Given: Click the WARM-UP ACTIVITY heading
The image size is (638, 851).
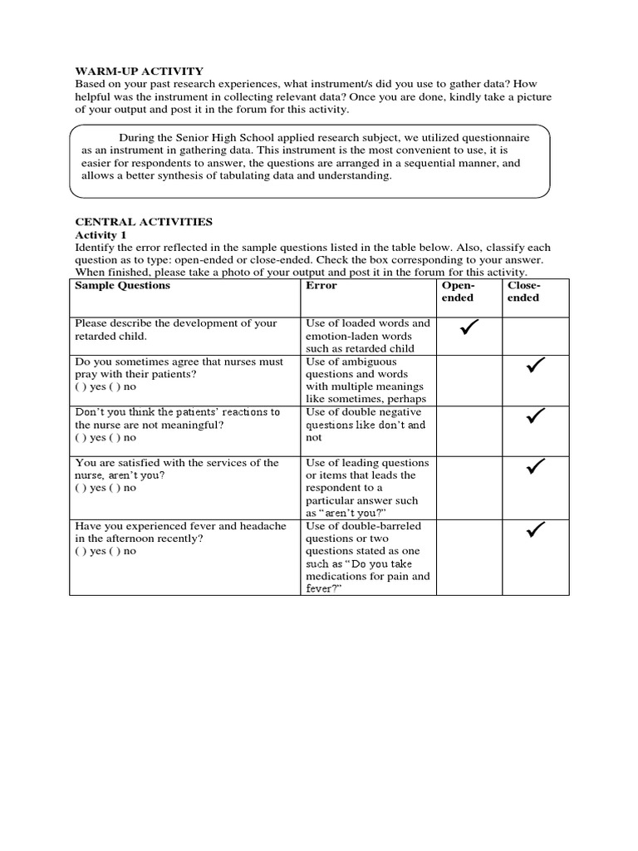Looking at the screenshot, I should [x=139, y=71].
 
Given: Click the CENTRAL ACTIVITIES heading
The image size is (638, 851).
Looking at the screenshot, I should [x=144, y=222].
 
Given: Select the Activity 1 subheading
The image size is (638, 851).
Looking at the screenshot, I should [x=101, y=235].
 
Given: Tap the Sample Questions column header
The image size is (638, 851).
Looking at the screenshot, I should [x=122, y=285].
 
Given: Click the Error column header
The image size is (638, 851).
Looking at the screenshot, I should [x=321, y=285].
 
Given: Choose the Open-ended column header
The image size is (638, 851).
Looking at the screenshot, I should [x=458, y=291].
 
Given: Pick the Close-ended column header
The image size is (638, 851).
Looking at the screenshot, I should [x=523, y=291].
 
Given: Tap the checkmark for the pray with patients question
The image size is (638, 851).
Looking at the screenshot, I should [x=535, y=366].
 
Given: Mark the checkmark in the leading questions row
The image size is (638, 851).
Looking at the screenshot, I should [x=535, y=467].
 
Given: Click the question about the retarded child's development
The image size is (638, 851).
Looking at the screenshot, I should [x=175, y=329].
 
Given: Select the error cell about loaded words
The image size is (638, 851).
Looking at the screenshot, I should [x=368, y=336].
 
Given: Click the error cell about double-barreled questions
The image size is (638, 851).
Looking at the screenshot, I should [x=368, y=557].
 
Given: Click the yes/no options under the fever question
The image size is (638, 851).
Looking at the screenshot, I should [x=106, y=551].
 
